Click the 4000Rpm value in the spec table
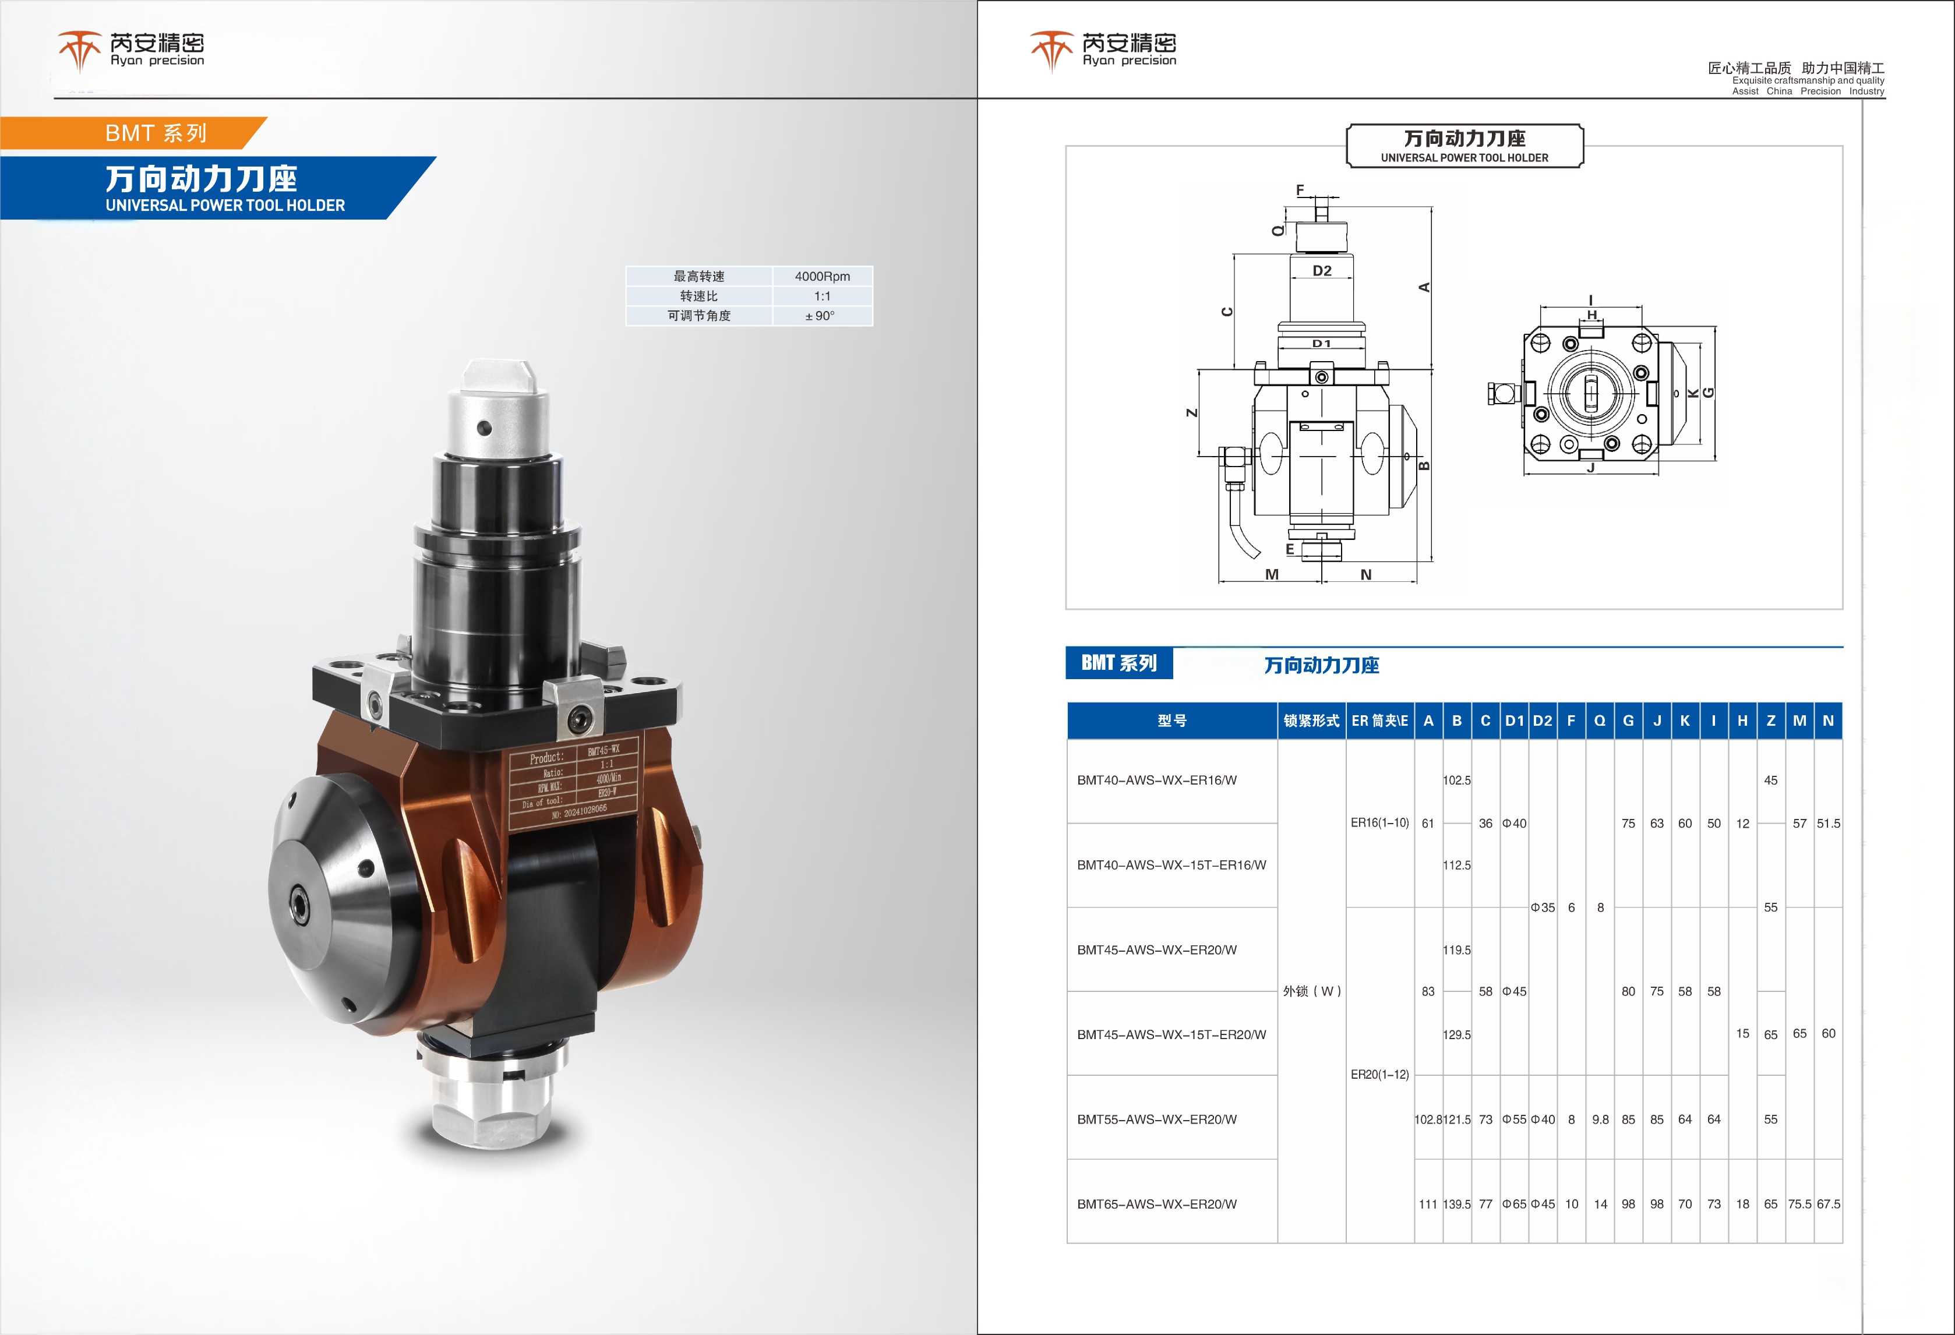pyautogui.click(x=822, y=276)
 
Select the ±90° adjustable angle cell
pyautogui.click(x=820, y=316)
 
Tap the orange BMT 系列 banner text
pyautogui.click(x=156, y=133)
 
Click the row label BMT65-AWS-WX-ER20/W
pyautogui.click(x=1157, y=1204)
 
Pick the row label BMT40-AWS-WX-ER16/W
pyautogui.click(x=1157, y=780)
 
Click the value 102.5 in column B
pyautogui.click(x=1457, y=780)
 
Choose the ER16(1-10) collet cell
pyautogui.click(x=1379, y=822)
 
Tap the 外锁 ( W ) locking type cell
pyautogui.click(x=1311, y=991)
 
